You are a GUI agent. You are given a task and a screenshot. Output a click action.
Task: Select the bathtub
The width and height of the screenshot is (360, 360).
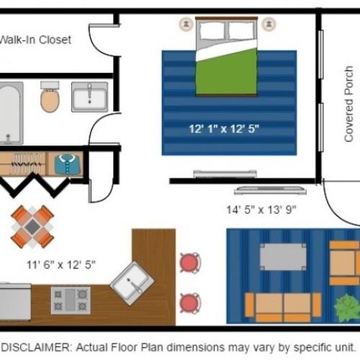click(x=10, y=112)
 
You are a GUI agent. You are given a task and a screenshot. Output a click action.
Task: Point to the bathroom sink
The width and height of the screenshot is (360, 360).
click(x=89, y=96)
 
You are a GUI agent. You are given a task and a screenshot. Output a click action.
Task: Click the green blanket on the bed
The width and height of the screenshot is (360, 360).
click(x=228, y=71)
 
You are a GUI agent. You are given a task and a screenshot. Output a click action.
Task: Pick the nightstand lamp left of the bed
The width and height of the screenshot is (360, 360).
click(x=186, y=24)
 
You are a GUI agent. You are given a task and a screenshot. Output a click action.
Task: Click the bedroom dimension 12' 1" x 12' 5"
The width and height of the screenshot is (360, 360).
click(x=223, y=130)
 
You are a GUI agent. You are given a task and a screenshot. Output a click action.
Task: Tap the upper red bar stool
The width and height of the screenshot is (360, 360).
click(x=189, y=263)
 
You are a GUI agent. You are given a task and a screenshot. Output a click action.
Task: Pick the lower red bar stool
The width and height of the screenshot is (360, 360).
click(x=189, y=302)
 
